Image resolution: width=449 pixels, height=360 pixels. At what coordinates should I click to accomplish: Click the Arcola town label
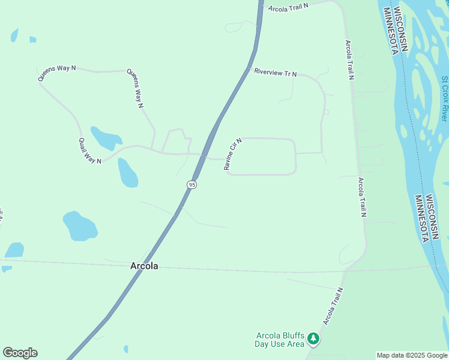coord(144,266)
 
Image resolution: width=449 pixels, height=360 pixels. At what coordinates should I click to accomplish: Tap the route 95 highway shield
coord(191,185)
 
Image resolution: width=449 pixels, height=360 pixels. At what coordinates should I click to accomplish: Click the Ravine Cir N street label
coord(233,154)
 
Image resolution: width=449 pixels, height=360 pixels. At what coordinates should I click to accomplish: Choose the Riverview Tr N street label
coord(276,73)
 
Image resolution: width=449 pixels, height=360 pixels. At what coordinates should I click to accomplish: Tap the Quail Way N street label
coord(90,151)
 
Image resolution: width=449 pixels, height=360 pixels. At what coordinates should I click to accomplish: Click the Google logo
coord(20,353)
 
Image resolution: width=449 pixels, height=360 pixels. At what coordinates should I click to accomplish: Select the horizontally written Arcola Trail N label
coord(288,8)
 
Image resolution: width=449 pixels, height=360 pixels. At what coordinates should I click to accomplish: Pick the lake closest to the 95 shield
coord(128,173)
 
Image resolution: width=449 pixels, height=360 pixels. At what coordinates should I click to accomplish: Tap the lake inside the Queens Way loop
coord(106,138)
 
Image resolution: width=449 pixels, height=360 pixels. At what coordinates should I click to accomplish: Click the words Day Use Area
coord(280,344)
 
